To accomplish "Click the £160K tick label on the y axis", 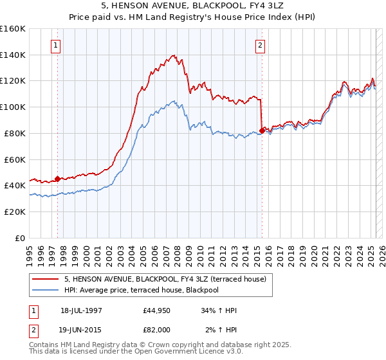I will pyautogui.click(x=13, y=29).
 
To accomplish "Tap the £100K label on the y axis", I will pyautogui.click(x=13, y=107).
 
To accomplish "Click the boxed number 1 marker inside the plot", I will pyautogui.click(x=57, y=46).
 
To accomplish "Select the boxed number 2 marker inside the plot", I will pyautogui.click(x=260, y=46).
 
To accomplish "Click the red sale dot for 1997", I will pyautogui.click(x=58, y=179).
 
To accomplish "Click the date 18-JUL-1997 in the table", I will pyautogui.click(x=81, y=311).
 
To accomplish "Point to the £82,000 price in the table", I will pyautogui.click(x=157, y=329).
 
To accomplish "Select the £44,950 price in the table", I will pyautogui.click(x=157, y=311).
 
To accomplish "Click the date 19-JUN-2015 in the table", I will pyautogui.click(x=81, y=329).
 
